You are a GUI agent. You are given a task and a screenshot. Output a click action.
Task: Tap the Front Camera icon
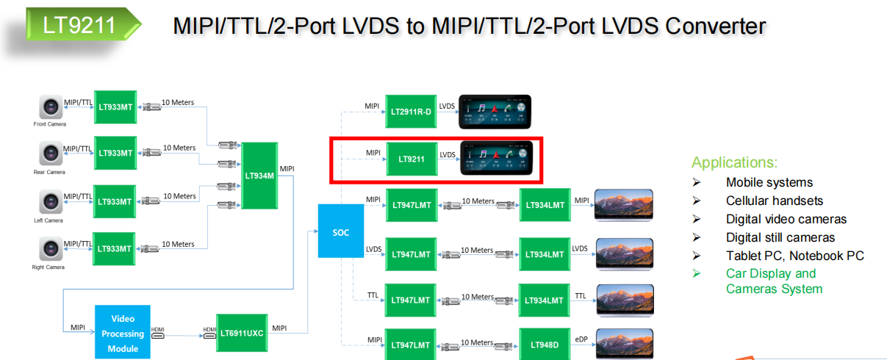(51, 108)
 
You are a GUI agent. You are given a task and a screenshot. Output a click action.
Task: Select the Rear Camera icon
(51, 154)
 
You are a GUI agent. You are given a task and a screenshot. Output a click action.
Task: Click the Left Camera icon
(51, 202)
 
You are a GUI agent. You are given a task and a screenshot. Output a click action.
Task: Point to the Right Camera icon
(51, 250)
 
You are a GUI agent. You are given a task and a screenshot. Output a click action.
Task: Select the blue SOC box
(340, 231)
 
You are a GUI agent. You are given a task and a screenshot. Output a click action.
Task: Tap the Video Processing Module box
(123, 332)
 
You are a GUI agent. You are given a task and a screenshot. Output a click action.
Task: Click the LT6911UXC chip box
(241, 333)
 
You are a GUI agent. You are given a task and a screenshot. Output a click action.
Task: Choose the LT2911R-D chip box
(412, 110)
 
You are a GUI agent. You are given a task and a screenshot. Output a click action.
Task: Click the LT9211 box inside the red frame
(412, 159)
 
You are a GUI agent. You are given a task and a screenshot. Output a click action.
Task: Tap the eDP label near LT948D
(581, 339)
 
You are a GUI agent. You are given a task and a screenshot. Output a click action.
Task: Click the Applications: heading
(734, 162)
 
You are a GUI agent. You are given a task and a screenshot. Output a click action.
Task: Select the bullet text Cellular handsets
(774, 201)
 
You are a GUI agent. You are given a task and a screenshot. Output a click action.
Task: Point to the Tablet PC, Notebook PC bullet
(794, 256)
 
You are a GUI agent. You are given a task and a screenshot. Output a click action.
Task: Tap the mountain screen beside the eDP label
(624, 343)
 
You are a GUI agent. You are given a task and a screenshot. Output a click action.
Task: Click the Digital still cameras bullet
(780, 237)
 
